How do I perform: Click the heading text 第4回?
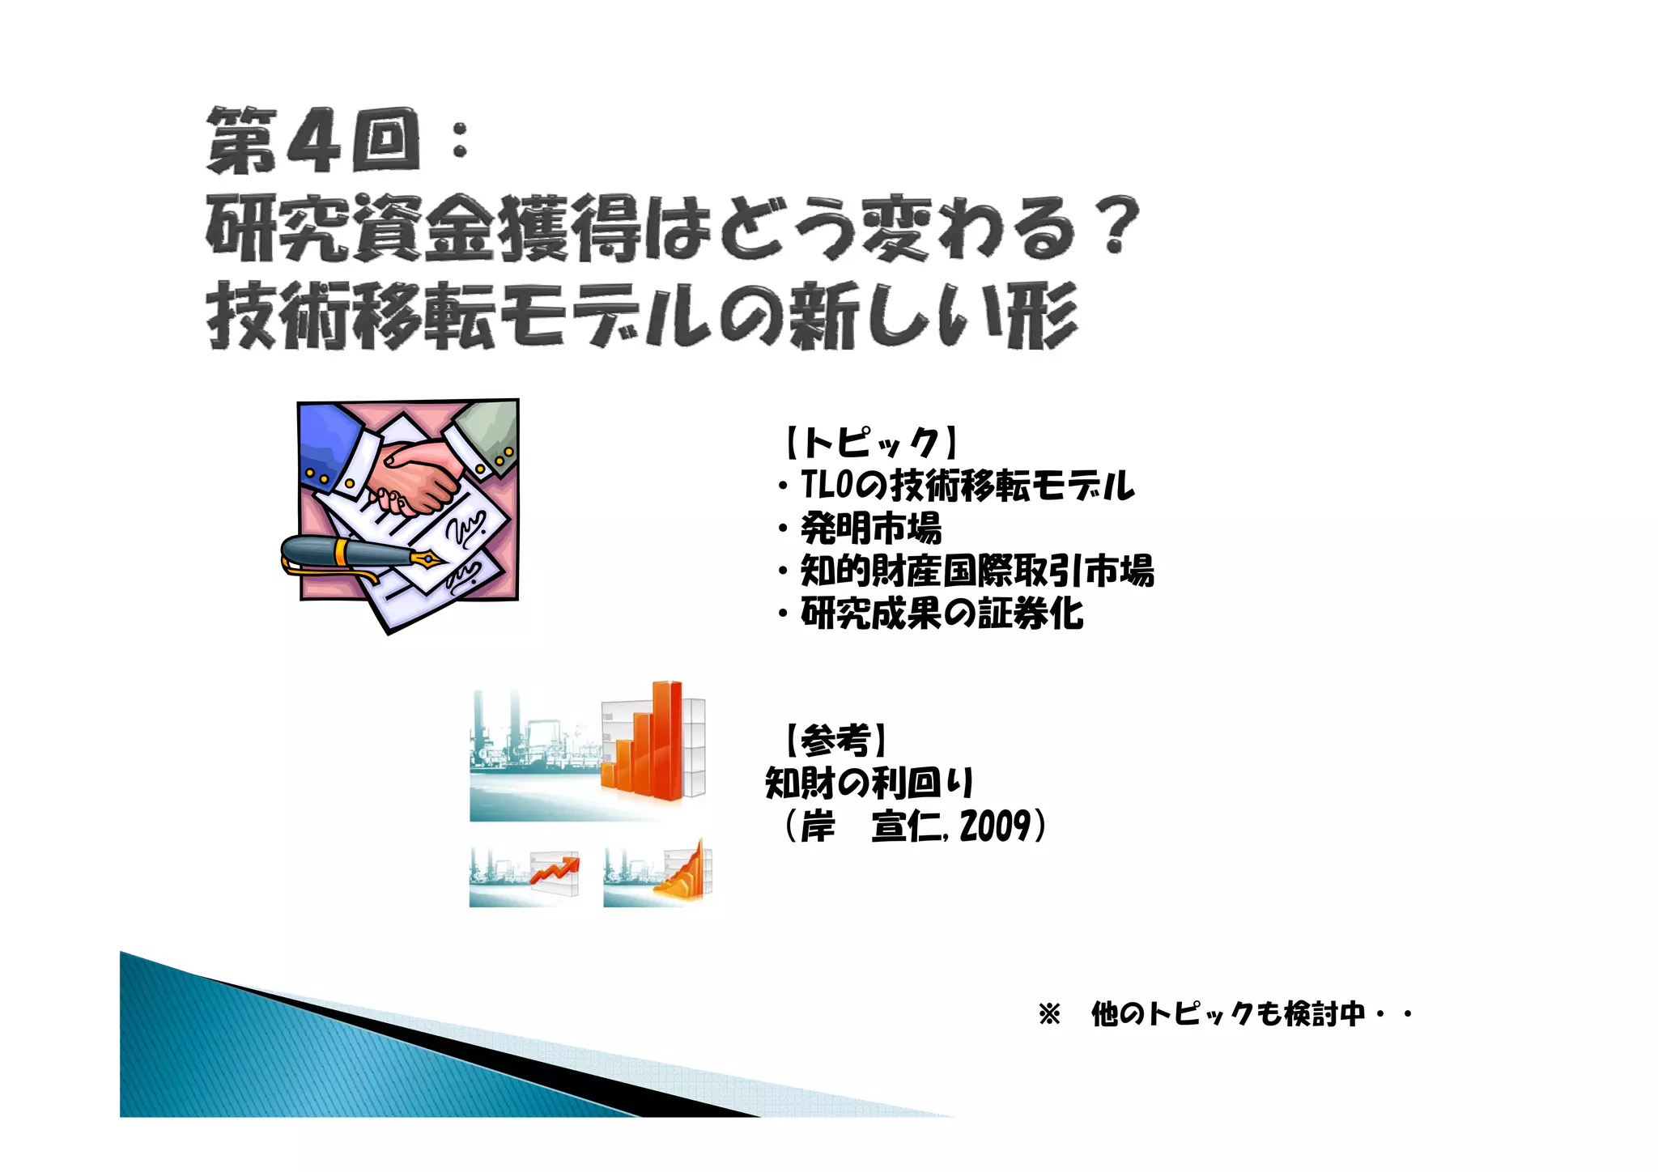[x=314, y=141]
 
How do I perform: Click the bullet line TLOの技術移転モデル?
[x=967, y=486]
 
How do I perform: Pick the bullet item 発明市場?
[x=871, y=529]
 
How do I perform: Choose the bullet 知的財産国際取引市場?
[x=976, y=571]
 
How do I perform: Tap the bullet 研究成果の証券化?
[x=942, y=614]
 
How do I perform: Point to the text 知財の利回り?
[x=869, y=783]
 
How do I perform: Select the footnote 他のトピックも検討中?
[x=1227, y=1013]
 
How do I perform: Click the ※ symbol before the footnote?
[x=1049, y=1014]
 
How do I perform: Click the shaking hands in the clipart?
[x=417, y=478]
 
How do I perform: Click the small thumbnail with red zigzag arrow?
[x=525, y=877]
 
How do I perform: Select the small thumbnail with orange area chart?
[x=658, y=877]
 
